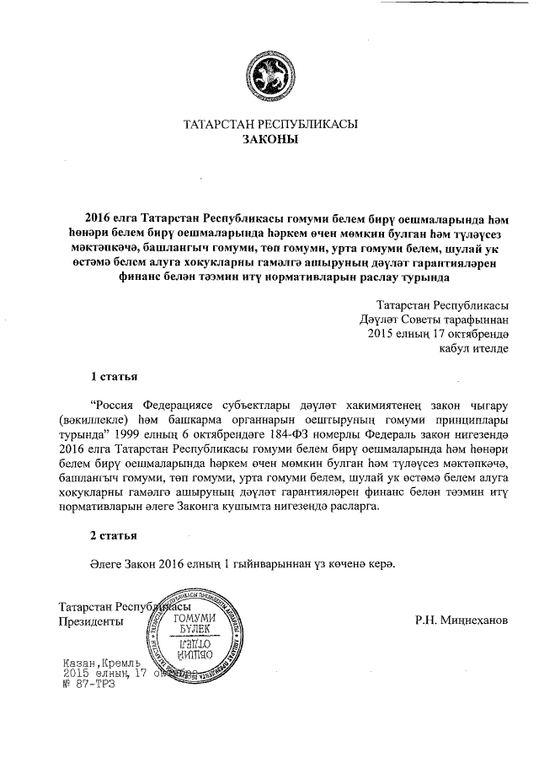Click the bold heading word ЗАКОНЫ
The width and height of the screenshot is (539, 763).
click(x=269, y=142)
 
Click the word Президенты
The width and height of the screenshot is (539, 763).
click(x=89, y=621)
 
